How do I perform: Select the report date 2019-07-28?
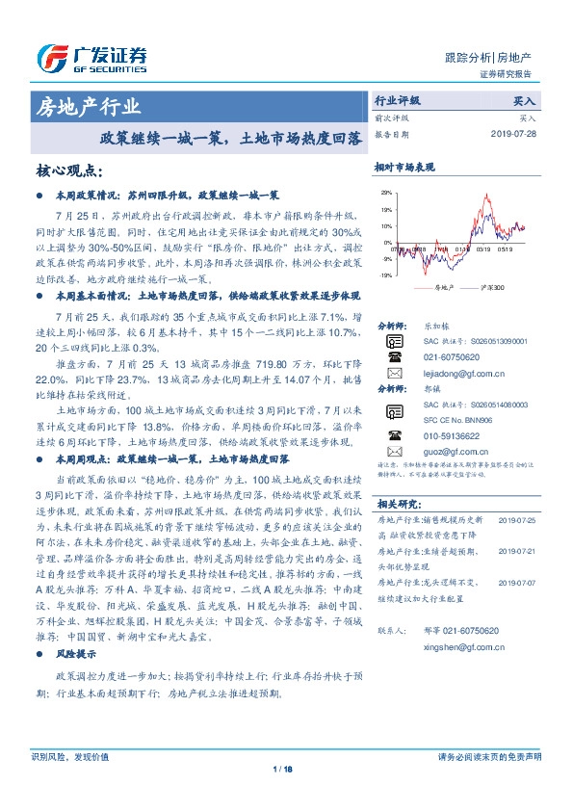[x=519, y=135]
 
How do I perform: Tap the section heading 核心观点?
[x=68, y=170]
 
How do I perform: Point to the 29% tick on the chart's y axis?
[x=385, y=193]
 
